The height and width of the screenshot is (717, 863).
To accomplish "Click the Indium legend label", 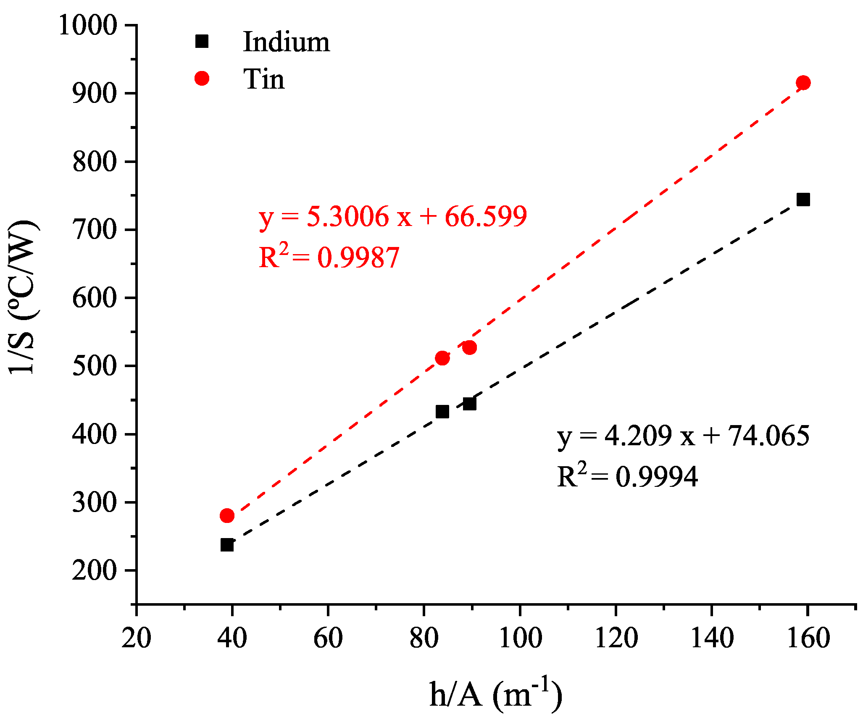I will coord(286,42).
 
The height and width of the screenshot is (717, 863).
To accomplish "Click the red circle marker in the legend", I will coord(202,78).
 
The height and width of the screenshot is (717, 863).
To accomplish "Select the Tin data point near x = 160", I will coord(803,83).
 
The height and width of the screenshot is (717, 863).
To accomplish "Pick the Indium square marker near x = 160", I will coord(803,200).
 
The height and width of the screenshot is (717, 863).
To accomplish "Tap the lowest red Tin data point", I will coord(227,515).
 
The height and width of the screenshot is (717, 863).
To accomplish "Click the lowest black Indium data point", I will coord(227,545).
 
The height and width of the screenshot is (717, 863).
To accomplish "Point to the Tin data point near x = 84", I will coord(442,358).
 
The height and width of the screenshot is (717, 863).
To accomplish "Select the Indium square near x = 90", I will coord(469,404).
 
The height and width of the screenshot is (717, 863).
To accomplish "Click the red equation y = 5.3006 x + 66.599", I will coord(393,217).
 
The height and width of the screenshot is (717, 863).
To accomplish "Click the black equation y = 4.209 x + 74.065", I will coord(683,436).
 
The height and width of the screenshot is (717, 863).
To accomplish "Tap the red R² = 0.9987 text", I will coord(329,257).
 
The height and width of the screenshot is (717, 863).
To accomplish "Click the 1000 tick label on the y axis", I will coord(87,25).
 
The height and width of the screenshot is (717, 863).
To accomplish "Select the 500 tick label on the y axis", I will coord(94,366).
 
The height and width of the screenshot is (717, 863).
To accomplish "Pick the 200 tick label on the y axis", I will coord(94,570).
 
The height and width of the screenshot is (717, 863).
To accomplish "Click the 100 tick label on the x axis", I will coord(520,638).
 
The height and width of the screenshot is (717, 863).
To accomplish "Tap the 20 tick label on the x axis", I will coord(137,638).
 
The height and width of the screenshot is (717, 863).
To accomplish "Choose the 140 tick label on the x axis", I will coord(712,638).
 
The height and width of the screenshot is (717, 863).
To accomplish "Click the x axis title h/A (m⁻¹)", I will coord(496,694).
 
